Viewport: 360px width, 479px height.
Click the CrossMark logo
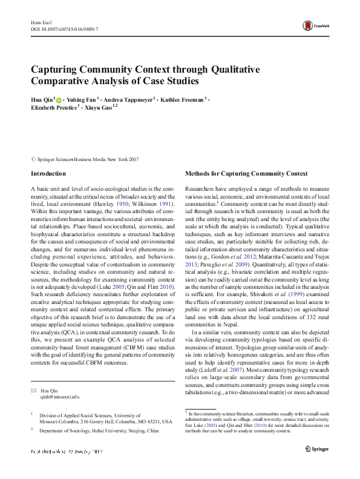pos(315,25)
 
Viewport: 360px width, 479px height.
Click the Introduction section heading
pos(49,174)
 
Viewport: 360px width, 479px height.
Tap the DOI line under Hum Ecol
pos(65,29)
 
